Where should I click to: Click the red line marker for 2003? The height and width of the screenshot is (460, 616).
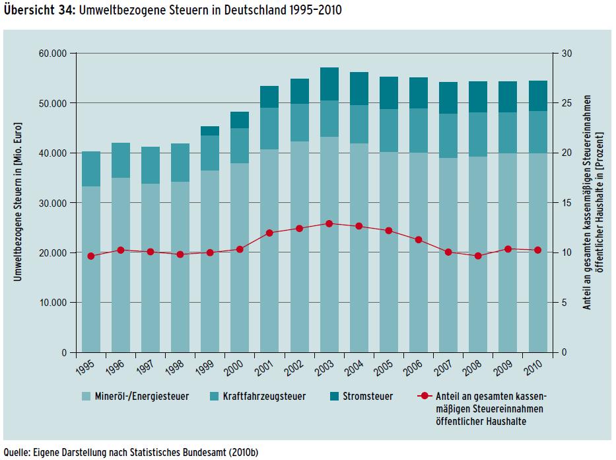click(329, 223)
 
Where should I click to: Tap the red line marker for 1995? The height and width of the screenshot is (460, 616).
click(91, 256)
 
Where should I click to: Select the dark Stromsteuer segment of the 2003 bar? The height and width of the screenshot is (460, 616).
click(329, 84)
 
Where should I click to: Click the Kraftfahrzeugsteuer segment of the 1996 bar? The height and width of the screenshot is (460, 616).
click(121, 160)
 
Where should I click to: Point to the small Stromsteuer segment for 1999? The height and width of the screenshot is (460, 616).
click(210, 131)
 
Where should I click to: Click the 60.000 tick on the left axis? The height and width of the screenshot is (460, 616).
click(57, 54)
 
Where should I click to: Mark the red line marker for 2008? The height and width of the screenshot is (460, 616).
click(478, 256)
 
